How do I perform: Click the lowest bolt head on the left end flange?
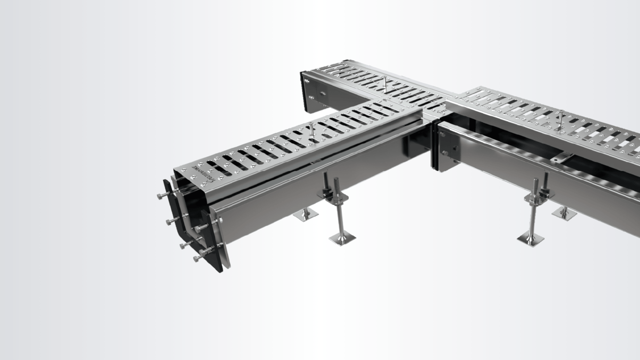click(196, 258)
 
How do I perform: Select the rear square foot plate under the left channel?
click(306, 214)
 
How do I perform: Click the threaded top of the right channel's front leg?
click(535, 185)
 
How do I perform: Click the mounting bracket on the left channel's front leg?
click(333, 197)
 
